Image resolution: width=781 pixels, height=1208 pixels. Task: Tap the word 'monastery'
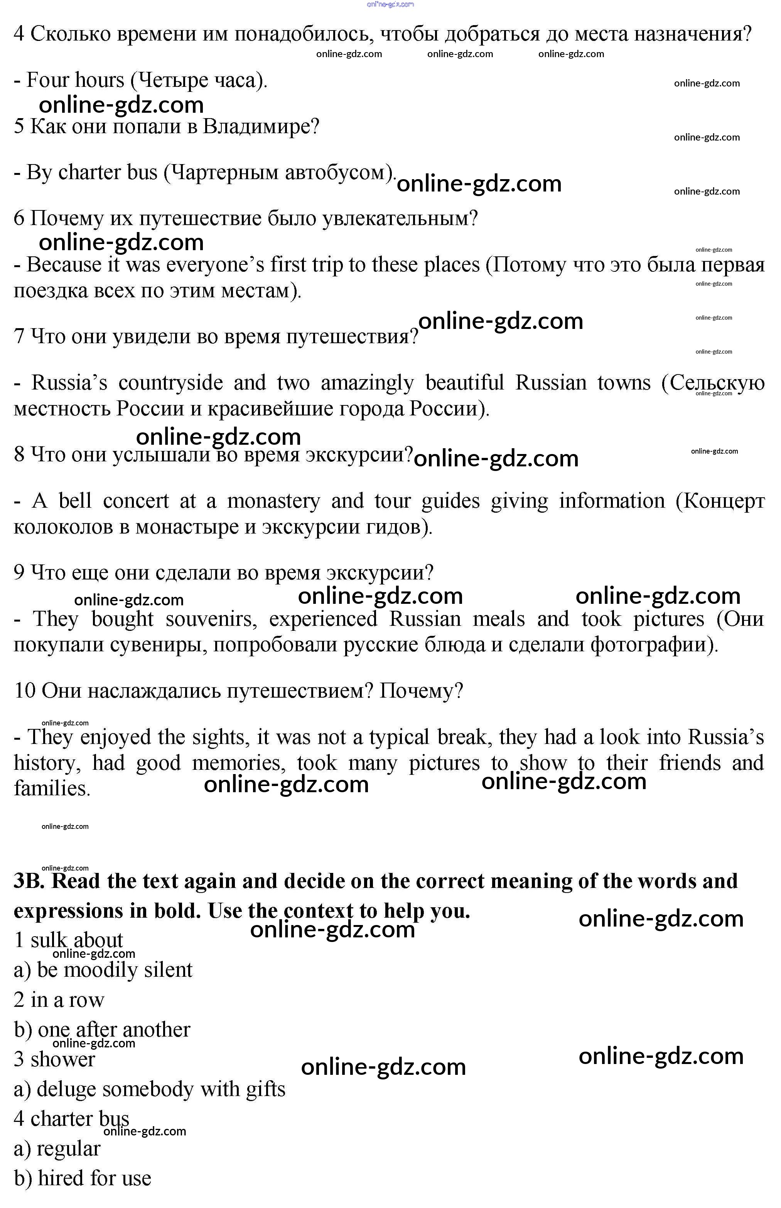pyautogui.click(x=273, y=501)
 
